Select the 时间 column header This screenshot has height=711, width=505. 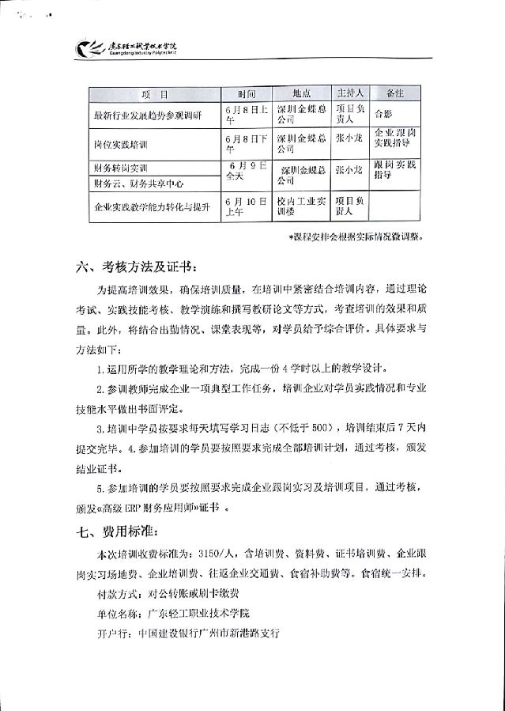[x=246, y=93]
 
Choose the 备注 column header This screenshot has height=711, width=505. [x=394, y=93]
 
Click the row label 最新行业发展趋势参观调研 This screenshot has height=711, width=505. [x=147, y=115]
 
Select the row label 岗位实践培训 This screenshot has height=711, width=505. [x=121, y=145]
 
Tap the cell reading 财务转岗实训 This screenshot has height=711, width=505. [x=121, y=168]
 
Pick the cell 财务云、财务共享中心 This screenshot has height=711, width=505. [x=138, y=184]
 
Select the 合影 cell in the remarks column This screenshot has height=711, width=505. [x=383, y=112]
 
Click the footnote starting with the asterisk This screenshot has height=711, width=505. [x=356, y=236]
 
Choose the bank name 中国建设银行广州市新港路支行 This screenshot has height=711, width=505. [x=209, y=633]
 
